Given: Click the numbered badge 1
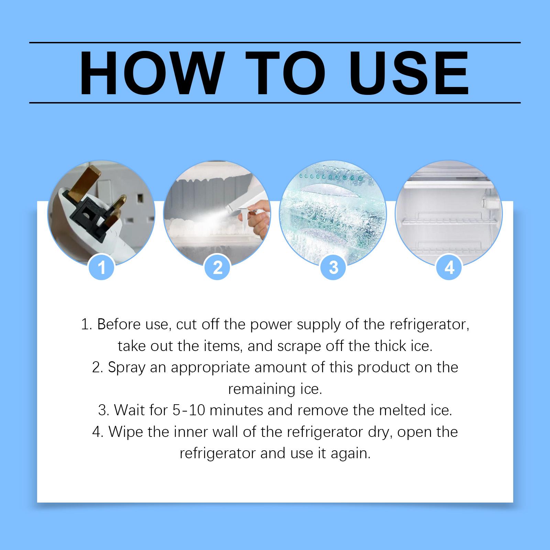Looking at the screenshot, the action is (x=102, y=267).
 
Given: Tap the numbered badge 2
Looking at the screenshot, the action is (x=218, y=267).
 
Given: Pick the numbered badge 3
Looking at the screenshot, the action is (x=333, y=267).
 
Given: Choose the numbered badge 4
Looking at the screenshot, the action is (x=449, y=267).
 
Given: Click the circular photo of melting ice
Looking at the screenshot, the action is (x=333, y=213).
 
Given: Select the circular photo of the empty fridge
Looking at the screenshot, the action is (x=449, y=213).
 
